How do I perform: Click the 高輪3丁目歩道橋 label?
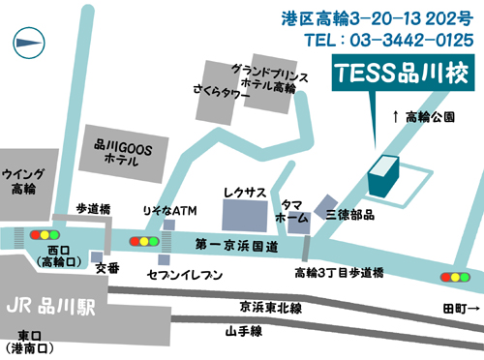tap(339, 272)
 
